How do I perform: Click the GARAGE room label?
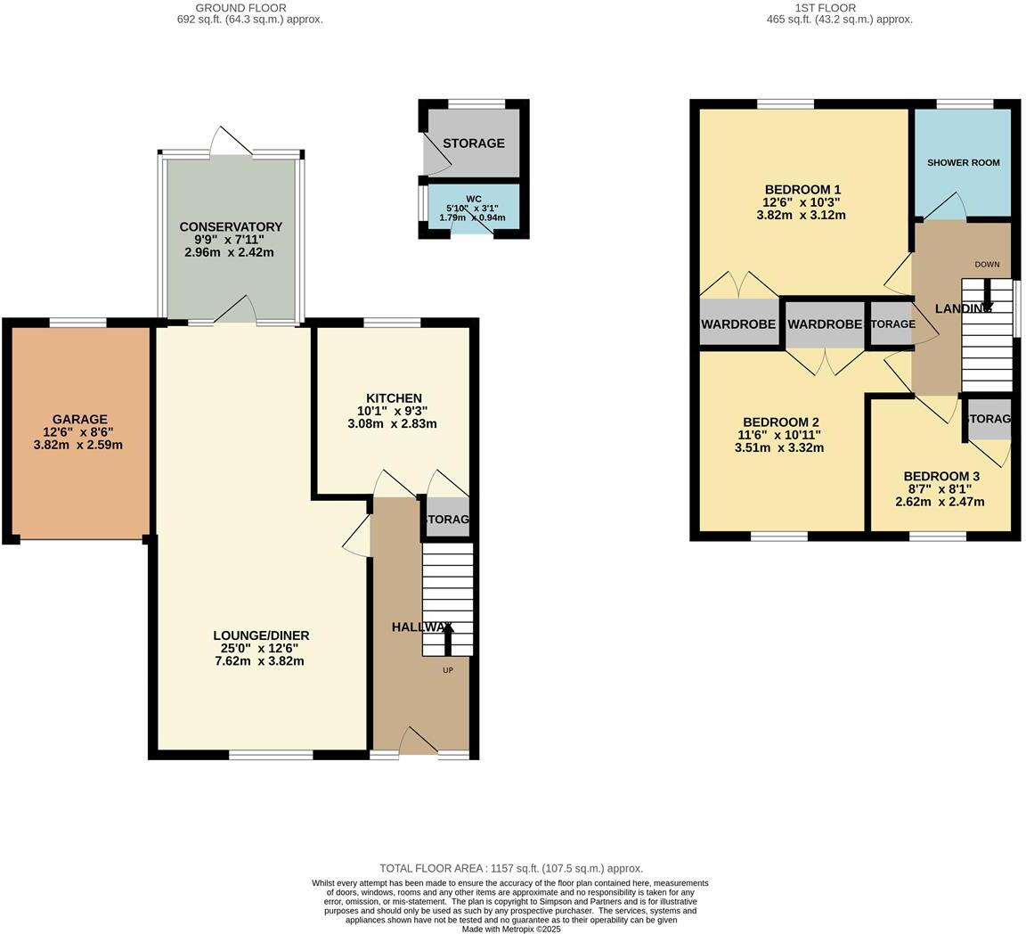pos(79,419)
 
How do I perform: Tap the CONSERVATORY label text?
pos(231,226)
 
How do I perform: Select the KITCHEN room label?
pos(394,397)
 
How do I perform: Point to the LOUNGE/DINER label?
pos(261,635)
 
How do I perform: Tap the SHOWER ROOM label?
pos(963,163)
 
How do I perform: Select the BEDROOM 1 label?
pos(802,189)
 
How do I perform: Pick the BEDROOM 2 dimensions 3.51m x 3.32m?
pos(778,448)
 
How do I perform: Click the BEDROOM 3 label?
pos(940,476)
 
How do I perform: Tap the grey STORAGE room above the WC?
pos(474,143)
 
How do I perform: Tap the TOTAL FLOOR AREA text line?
pos(511,868)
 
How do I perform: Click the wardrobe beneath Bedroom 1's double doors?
pos(737,324)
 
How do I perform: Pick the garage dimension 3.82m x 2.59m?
pos(78,445)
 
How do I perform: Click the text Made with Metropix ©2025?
pos(511,929)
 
